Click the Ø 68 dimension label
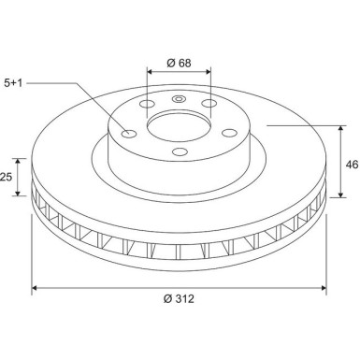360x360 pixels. point(180,64)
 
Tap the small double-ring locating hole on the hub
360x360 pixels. point(180,96)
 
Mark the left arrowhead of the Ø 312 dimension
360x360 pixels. point(36,287)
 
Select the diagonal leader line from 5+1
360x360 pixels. point(89,108)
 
